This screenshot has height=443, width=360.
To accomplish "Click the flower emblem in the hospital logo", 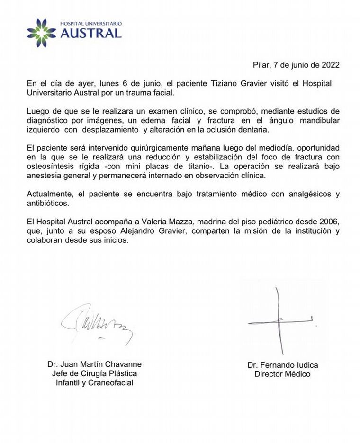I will (x=42, y=33).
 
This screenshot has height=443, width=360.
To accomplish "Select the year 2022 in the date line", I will (x=330, y=65).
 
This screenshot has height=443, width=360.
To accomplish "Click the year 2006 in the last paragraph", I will (x=324, y=221).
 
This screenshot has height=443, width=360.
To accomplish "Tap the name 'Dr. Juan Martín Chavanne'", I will (x=94, y=364).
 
